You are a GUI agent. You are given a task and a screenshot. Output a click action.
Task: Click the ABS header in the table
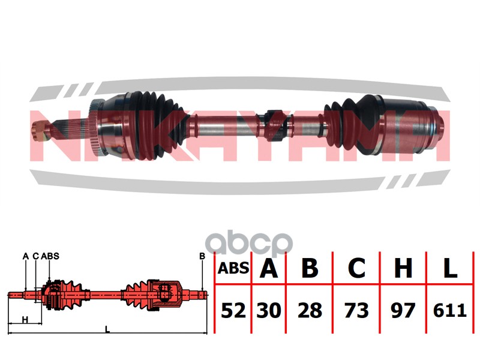point(233,268)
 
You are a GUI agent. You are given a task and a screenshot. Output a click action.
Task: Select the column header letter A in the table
point(268,268)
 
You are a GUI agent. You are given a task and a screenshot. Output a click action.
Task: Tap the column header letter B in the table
point(310,268)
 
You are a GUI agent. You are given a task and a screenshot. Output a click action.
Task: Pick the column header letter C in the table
point(356,268)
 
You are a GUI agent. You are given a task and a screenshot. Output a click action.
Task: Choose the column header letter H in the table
point(403,268)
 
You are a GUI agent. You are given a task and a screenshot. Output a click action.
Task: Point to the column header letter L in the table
point(449,268)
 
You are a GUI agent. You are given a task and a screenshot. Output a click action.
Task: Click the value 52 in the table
point(233,310)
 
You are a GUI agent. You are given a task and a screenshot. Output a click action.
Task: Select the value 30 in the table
point(268,310)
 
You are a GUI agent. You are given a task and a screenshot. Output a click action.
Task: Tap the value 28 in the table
point(310,310)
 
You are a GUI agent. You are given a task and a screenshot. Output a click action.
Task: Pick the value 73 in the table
point(356,310)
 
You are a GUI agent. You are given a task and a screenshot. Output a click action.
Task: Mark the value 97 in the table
point(403,310)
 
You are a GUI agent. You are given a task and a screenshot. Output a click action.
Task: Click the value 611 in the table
point(449,310)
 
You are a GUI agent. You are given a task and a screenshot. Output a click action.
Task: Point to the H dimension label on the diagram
point(25,320)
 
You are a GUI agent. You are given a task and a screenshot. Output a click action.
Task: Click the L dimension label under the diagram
point(107,329)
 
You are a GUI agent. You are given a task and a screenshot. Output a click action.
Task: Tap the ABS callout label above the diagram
point(50,256)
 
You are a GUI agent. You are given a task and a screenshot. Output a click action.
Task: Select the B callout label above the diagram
point(202,256)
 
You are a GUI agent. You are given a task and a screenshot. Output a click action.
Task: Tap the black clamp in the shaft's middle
point(274,125)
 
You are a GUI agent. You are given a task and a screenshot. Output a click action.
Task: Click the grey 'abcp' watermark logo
point(249,244)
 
